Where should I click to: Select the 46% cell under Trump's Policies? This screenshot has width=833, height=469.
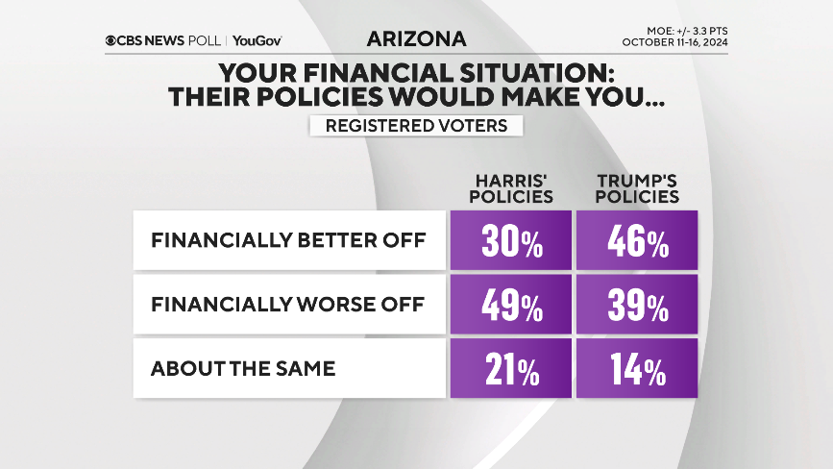click(x=637, y=240)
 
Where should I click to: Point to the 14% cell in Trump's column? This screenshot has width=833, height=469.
click(x=637, y=368)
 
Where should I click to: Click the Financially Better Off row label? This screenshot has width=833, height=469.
click(x=287, y=240)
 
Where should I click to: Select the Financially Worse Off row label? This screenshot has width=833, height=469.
click(x=287, y=304)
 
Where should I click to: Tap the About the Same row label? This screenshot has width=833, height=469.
click(x=243, y=368)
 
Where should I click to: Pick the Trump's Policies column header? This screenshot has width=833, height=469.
click(x=637, y=189)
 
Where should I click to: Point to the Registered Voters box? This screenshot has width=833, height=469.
click(x=416, y=126)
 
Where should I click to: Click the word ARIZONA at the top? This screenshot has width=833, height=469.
click(x=416, y=39)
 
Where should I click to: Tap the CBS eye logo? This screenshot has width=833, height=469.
click(x=112, y=40)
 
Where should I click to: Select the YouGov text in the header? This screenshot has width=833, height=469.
click(x=257, y=40)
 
